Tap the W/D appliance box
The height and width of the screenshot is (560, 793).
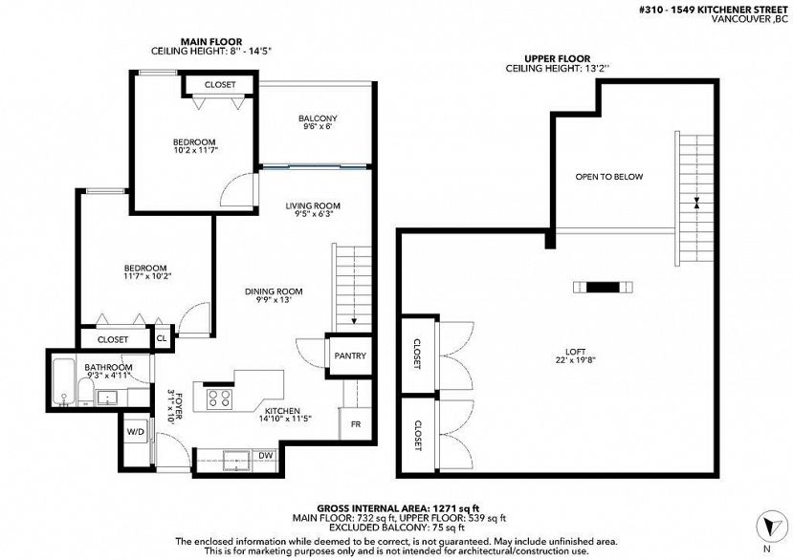(x=135, y=432)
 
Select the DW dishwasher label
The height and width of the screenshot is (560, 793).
(x=265, y=455)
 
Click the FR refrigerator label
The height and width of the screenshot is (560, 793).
(x=354, y=423)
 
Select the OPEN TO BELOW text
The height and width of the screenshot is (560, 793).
(x=608, y=177)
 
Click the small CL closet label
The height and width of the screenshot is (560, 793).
(x=162, y=337)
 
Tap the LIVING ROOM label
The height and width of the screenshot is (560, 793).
(x=313, y=205)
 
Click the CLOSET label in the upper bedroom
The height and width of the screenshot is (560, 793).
(x=219, y=85)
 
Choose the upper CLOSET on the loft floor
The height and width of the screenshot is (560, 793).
(x=417, y=355)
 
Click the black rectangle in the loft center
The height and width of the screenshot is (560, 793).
(x=601, y=286)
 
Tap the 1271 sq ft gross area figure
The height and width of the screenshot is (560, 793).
(x=432, y=507)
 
